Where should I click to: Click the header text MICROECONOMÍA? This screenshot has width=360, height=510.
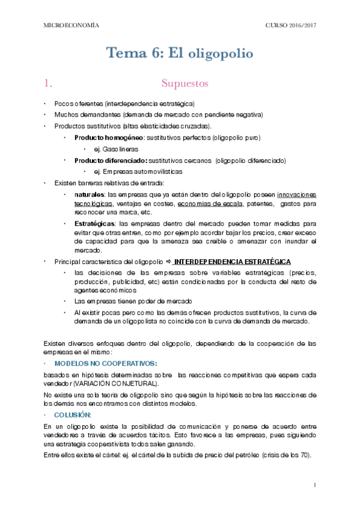coord(72,25)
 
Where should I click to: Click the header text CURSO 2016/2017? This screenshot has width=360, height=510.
coord(290,25)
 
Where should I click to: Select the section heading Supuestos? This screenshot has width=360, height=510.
coord(185,83)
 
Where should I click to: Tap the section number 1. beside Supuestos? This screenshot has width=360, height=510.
coord(50,83)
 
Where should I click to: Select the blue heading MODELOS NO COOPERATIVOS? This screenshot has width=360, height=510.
coord(106,364)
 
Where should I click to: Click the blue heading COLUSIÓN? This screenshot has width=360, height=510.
coord(73,415)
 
